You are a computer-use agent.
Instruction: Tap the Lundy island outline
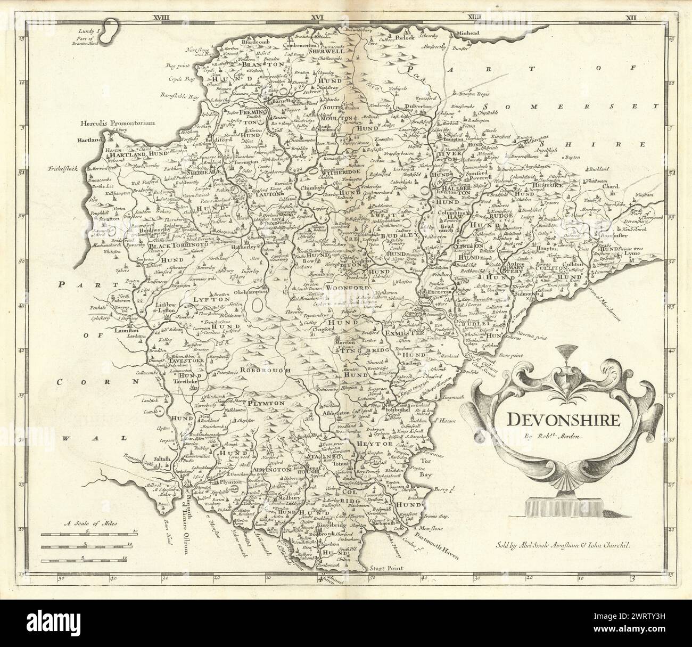pos(111,31)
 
